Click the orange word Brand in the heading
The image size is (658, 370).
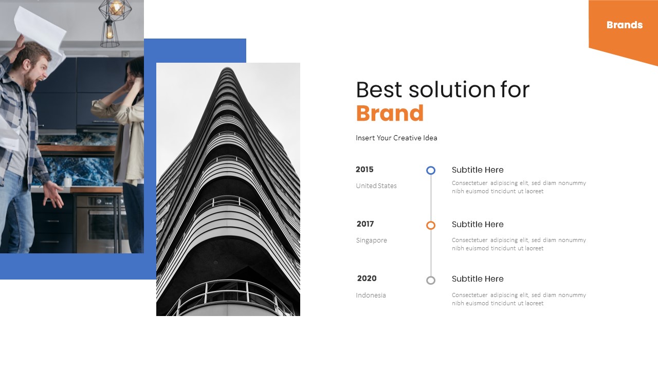[x=390, y=114]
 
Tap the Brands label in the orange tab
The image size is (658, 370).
[x=624, y=25]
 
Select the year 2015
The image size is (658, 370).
[x=364, y=170]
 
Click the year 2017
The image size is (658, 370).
[x=365, y=224]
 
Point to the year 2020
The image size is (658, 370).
[x=367, y=279]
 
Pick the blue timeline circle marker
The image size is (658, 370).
[x=431, y=170]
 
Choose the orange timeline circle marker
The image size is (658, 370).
[x=431, y=225]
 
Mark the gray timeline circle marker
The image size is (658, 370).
[x=431, y=280]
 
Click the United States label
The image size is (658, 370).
[x=376, y=186]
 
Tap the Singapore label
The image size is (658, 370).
[x=371, y=240]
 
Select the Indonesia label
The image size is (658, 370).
[x=371, y=295]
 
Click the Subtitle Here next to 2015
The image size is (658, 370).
[x=478, y=170]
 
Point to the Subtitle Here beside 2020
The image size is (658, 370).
[x=478, y=279]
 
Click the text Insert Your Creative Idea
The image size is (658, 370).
[x=396, y=138]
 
